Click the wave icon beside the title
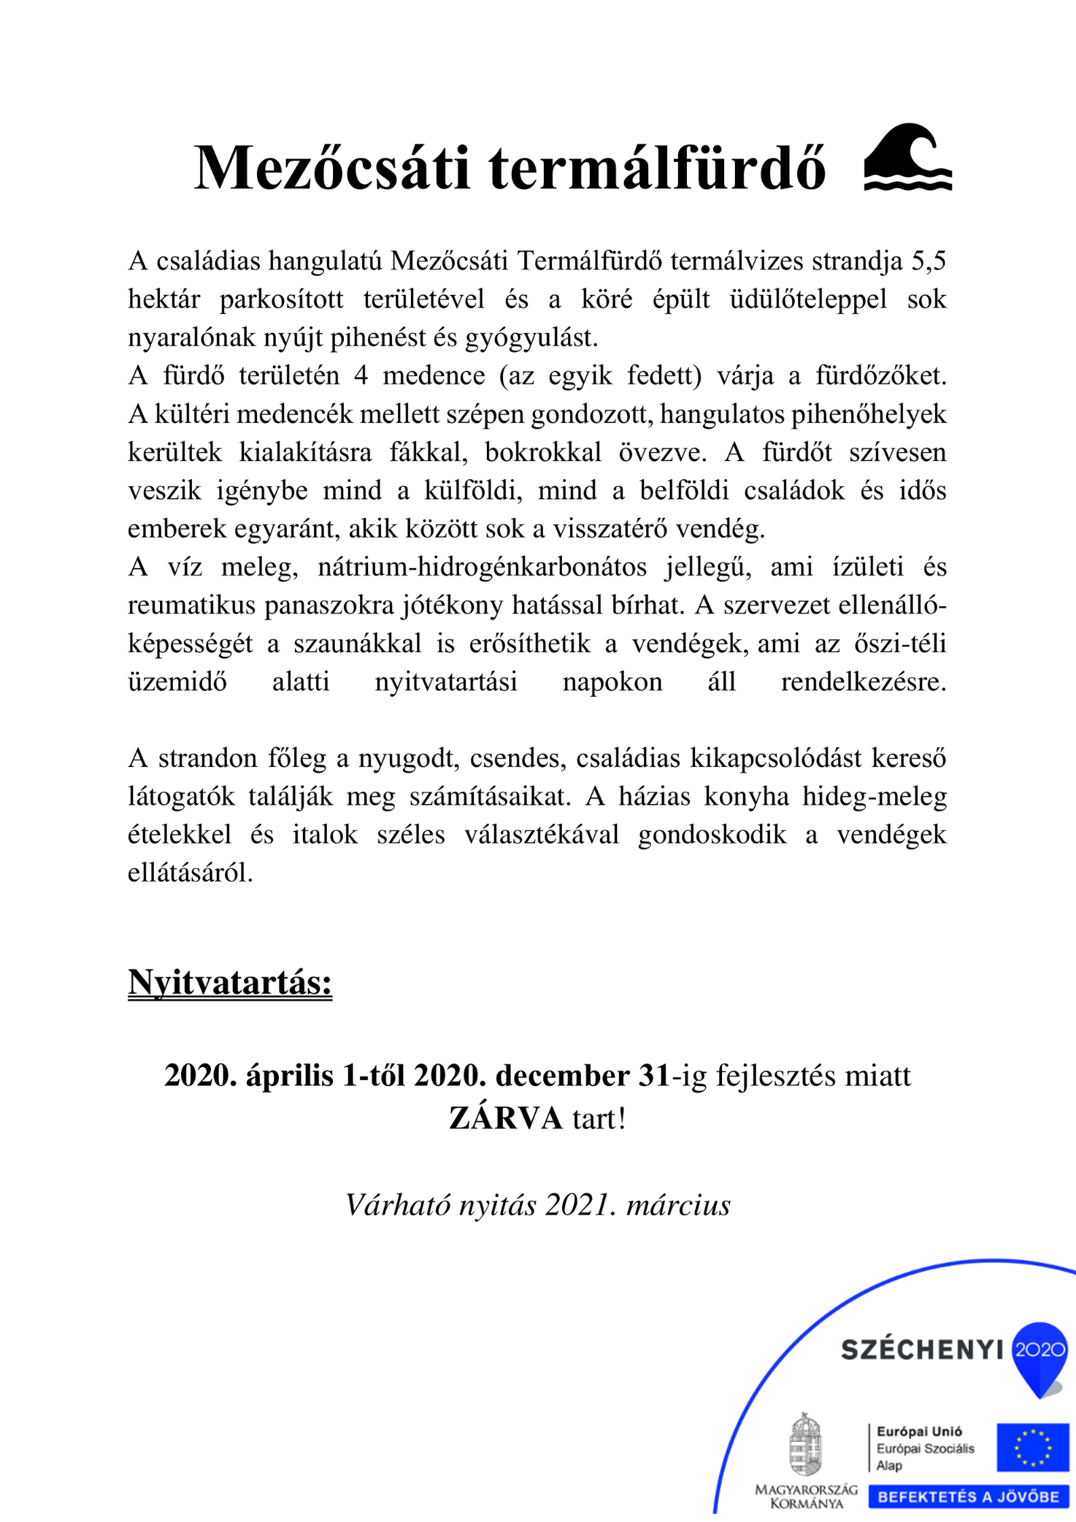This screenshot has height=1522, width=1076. (x=907, y=157)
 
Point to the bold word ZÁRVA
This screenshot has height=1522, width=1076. (x=505, y=1119)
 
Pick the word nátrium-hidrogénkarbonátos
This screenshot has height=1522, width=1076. (x=482, y=567)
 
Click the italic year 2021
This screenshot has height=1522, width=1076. (x=580, y=1205)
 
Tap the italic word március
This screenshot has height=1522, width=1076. (x=678, y=1205)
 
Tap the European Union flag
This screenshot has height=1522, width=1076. (x=1032, y=1447)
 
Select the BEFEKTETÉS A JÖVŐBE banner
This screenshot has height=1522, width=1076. (x=968, y=1496)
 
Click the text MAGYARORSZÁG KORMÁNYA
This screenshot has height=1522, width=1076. (x=806, y=1496)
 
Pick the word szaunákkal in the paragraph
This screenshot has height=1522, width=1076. (x=357, y=643)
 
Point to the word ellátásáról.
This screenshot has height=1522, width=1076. (x=190, y=873)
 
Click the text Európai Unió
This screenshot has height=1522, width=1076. (x=919, y=1431)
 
